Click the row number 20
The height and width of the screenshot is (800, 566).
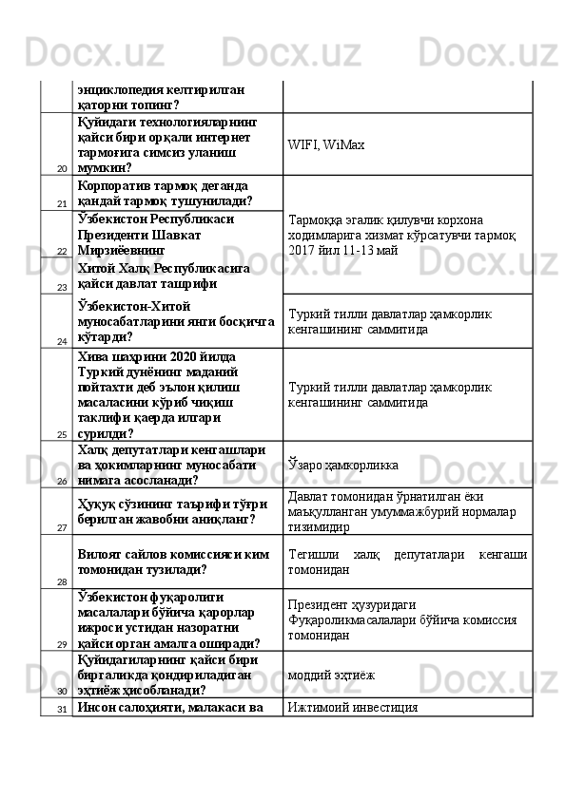(60, 168)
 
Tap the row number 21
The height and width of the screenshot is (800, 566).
(60, 204)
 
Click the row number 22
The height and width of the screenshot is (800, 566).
(60, 252)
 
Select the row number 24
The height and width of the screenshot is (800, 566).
(60, 340)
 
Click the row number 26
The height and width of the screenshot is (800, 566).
(60, 482)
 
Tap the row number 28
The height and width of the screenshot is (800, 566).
(60, 581)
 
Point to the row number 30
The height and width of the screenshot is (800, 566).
(60, 692)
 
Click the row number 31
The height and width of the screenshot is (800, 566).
(60, 709)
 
